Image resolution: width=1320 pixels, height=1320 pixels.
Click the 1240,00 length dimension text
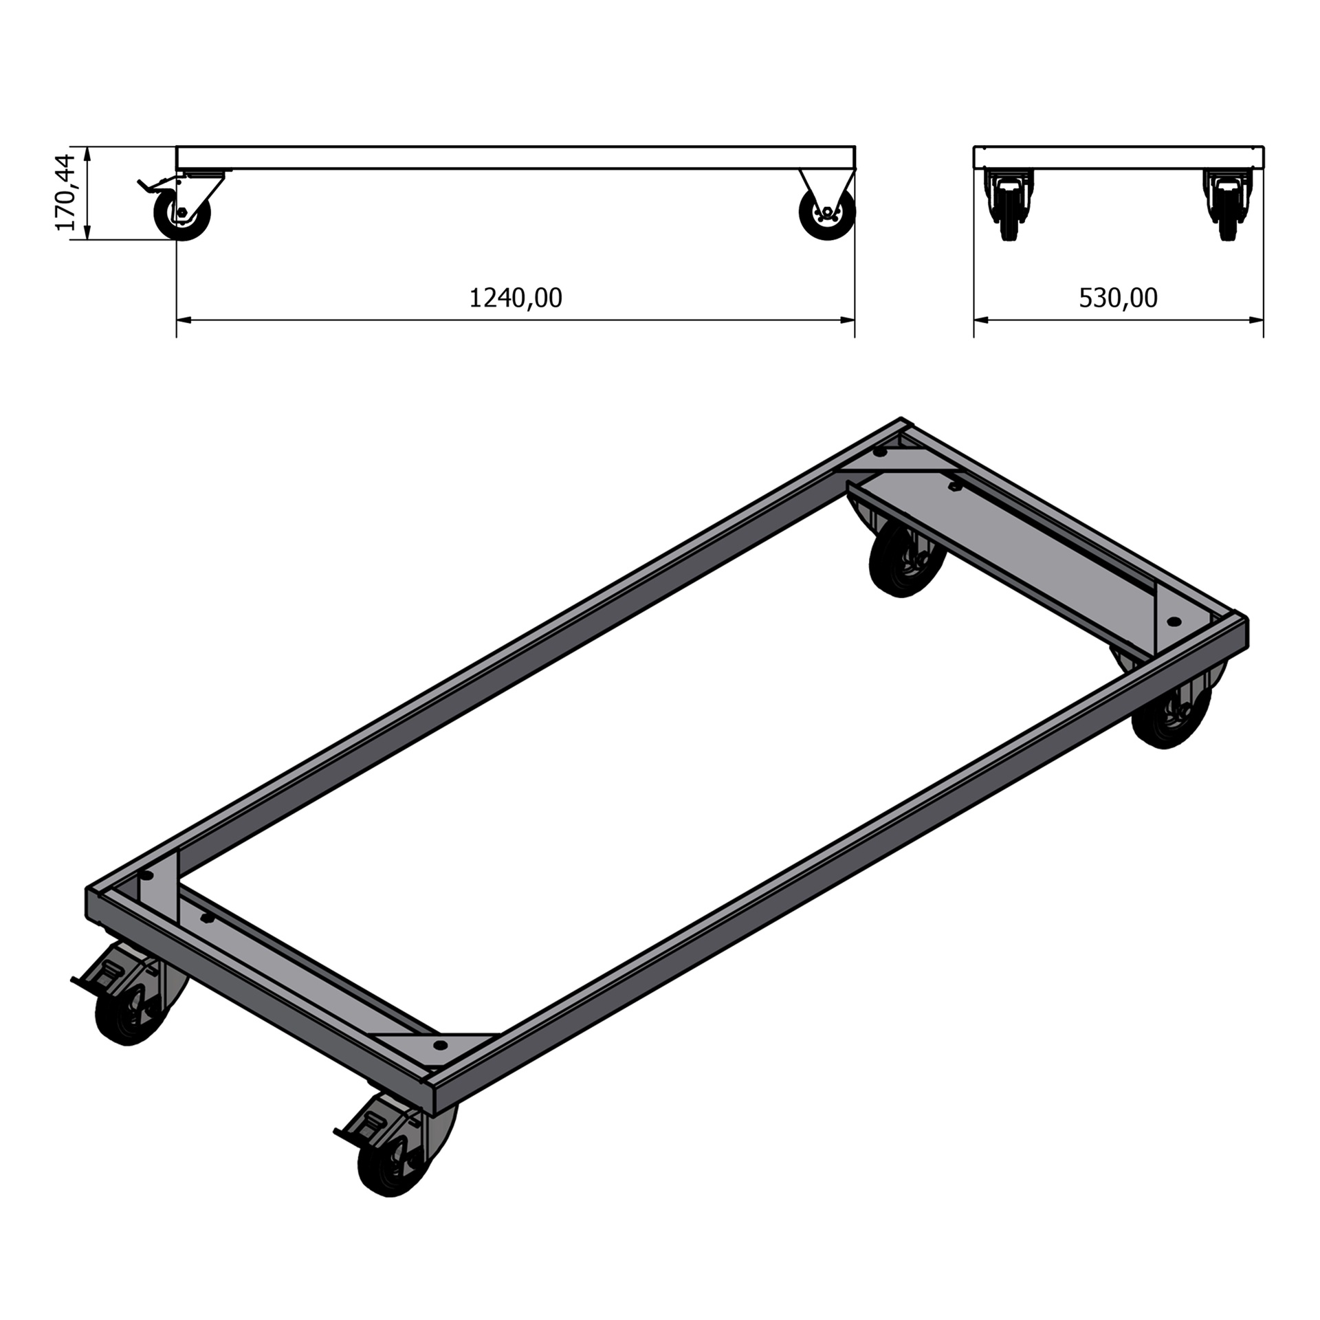pos(516,298)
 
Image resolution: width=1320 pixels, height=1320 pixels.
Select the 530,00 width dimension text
pos(1118,298)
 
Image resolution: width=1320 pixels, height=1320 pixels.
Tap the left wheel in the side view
pos(181,214)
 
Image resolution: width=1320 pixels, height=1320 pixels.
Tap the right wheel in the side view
pos(827,214)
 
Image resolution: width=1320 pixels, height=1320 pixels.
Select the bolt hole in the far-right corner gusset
pos(1174,621)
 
